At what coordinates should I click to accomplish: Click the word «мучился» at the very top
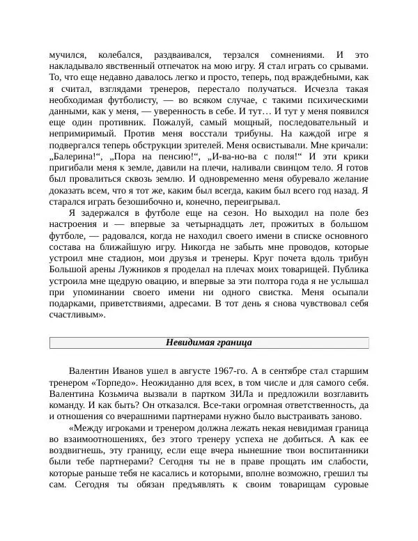[x=68, y=55]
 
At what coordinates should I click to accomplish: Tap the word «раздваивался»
[x=180, y=55]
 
